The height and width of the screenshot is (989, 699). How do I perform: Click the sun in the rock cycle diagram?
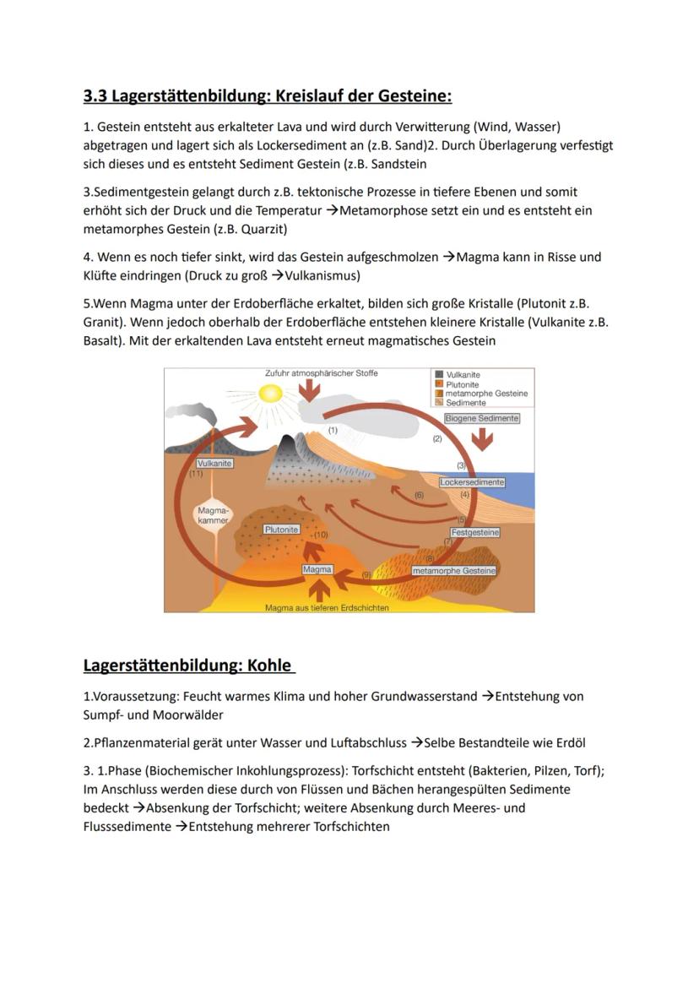(x=271, y=394)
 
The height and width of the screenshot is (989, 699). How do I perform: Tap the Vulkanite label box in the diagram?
(x=214, y=464)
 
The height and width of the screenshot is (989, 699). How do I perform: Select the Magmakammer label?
(x=212, y=515)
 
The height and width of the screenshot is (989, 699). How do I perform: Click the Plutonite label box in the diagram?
(x=281, y=530)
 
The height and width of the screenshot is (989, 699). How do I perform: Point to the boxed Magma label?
(x=317, y=570)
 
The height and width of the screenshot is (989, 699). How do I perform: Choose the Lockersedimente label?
(x=472, y=482)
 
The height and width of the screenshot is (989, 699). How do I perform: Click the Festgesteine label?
(x=475, y=533)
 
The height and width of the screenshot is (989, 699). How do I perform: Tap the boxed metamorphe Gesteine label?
(x=453, y=571)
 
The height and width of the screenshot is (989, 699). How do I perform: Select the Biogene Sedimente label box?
(x=482, y=418)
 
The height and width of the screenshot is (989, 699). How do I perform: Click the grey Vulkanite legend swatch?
(x=439, y=374)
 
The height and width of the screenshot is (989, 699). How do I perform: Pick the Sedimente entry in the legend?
(x=465, y=403)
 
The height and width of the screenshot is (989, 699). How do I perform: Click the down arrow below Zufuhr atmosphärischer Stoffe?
(x=310, y=389)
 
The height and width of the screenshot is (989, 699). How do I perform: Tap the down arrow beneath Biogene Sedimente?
(x=482, y=438)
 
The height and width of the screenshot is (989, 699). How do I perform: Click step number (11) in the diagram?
(x=196, y=474)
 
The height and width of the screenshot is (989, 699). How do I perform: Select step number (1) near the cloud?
(x=333, y=430)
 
